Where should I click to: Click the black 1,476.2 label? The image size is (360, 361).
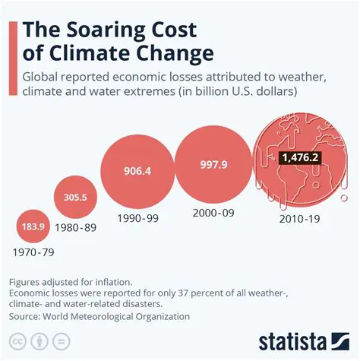(x=298, y=157)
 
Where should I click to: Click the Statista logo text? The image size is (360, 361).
(x=302, y=339)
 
